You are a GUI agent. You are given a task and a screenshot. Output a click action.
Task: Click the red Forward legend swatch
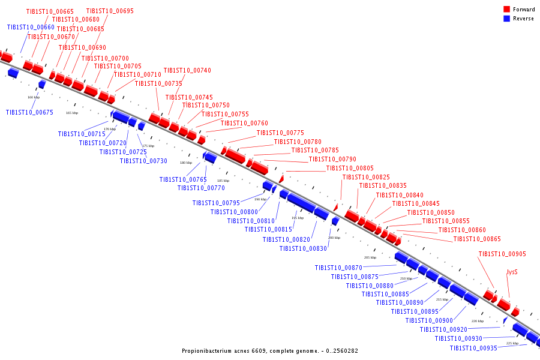(x=507, y=10)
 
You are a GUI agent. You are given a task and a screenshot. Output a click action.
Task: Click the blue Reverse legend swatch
(x=507, y=19)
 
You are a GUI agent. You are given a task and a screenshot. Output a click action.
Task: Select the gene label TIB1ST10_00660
(x=31, y=27)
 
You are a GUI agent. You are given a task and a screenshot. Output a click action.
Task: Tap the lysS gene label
(x=512, y=272)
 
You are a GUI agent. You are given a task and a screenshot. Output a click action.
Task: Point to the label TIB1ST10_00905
(x=502, y=254)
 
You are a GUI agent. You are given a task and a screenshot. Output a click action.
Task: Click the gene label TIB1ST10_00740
(x=187, y=70)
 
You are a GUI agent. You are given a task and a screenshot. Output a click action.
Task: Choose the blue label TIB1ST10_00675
(x=29, y=112)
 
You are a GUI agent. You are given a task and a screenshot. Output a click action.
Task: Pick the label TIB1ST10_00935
(x=473, y=348)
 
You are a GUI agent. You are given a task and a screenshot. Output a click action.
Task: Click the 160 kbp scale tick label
(x=34, y=97)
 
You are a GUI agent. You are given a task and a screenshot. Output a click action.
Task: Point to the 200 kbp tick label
(x=334, y=238)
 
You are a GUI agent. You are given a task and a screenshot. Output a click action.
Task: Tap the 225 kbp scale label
(x=512, y=343)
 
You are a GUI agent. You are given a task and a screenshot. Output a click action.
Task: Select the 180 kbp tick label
(x=186, y=163)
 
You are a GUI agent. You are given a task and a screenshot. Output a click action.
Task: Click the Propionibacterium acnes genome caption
(x=270, y=350)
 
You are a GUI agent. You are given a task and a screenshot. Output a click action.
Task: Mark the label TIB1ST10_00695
(x=110, y=11)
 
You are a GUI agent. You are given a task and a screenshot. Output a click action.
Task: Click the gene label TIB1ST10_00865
(x=477, y=239)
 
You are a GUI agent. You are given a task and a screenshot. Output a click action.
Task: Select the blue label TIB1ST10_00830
(x=303, y=248)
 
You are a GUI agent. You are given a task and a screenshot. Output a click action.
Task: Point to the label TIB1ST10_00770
(x=201, y=188)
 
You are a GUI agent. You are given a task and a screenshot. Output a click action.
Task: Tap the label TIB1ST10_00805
(x=350, y=168)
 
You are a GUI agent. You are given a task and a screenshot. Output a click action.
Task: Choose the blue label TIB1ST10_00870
(x=338, y=268)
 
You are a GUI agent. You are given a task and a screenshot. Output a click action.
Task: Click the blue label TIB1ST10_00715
(x=82, y=134)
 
